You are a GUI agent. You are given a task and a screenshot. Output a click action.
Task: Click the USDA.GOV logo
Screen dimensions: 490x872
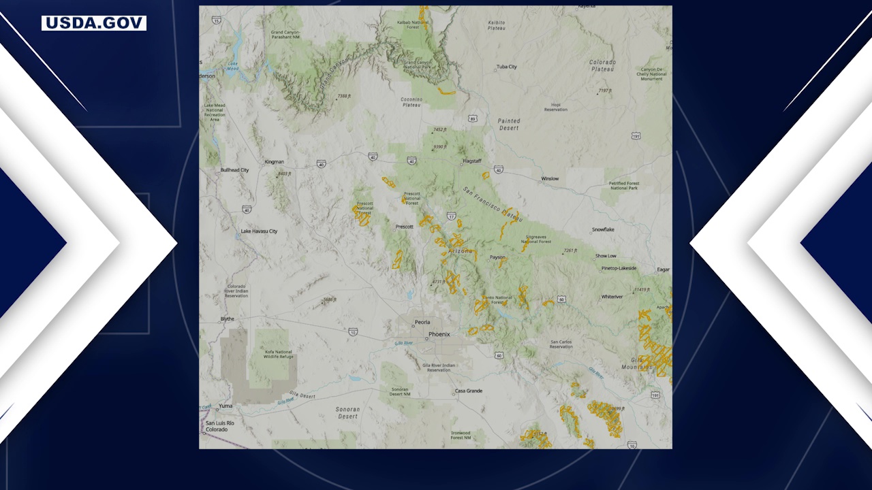pos(94,23)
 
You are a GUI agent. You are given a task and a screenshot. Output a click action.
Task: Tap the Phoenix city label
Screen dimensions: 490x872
pos(439,334)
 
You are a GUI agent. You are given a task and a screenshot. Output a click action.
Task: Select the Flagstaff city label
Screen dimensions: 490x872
pos(472,161)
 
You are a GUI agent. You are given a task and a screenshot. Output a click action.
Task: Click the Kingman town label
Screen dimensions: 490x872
pos(274,162)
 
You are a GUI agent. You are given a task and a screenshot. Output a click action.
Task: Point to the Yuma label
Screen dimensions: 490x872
pos(225,406)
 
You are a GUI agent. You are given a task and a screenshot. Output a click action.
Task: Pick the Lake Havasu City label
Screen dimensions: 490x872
pos(259,231)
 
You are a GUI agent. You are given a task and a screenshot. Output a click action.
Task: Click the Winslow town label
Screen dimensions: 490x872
pos(550,179)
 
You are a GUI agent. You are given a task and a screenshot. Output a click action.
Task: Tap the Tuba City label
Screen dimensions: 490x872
pos(507,67)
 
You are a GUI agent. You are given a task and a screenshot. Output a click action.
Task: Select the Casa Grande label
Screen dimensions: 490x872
pos(468,391)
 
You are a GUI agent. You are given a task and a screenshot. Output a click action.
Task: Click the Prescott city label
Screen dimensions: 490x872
pos(404,227)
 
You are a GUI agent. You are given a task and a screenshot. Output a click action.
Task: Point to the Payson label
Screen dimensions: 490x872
pos(497,257)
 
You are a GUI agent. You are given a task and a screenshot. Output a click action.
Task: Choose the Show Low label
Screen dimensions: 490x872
pos(606,256)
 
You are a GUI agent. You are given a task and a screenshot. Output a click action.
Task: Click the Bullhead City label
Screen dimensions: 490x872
pos(234,170)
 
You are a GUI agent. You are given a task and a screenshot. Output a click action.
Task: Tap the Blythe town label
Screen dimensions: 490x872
pos(227,318)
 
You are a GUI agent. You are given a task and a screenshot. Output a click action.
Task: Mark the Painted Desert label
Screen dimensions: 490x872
pos(508,125)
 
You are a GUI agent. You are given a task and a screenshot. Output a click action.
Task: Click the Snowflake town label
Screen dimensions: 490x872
pos(603,230)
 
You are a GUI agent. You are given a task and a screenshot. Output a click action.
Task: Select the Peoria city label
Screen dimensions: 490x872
pos(422,322)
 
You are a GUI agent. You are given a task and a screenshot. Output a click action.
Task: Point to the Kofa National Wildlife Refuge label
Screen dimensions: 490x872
pos(279,352)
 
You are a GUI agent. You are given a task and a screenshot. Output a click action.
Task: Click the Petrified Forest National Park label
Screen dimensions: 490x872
pos(623,185)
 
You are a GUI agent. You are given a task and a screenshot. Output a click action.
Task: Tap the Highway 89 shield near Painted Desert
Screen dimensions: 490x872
pos(472,119)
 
